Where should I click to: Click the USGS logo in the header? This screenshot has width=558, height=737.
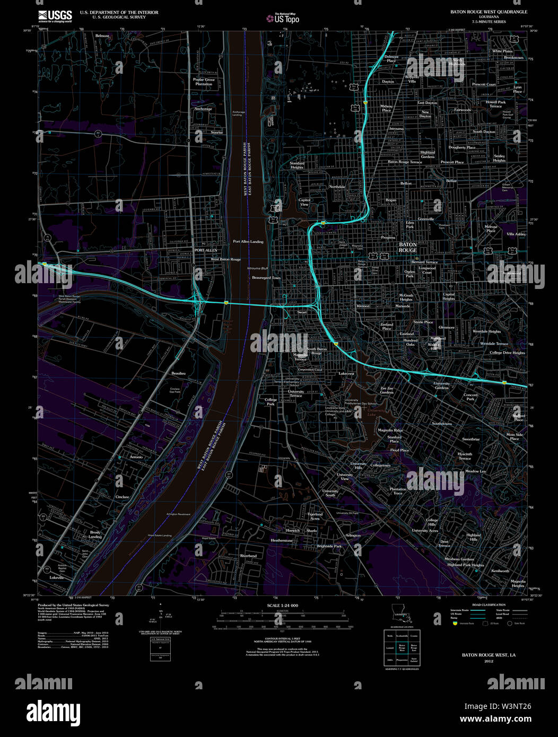(55, 16)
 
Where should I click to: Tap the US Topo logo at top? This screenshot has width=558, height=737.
(283, 19)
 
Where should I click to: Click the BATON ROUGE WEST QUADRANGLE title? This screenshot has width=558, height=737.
(489, 12)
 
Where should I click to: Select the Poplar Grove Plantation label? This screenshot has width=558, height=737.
(204, 82)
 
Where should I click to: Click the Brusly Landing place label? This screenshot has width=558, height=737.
(95, 534)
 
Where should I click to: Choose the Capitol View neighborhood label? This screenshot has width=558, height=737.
(304, 202)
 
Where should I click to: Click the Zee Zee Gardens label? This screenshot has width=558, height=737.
(387, 390)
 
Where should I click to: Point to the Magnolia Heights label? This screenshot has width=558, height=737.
(518, 584)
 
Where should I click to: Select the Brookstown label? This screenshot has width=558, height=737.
(513, 57)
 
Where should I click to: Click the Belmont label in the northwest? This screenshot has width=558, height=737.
(102, 36)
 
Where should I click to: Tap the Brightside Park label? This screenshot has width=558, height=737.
(329, 546)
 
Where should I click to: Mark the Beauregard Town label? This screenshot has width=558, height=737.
(266, 278)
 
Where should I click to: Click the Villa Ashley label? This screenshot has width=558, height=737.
(516, 234)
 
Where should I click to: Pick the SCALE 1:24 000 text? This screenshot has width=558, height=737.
(282, 606)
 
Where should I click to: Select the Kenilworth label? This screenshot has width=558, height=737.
(500, 571)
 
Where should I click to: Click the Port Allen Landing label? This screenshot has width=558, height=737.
(248, 242)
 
